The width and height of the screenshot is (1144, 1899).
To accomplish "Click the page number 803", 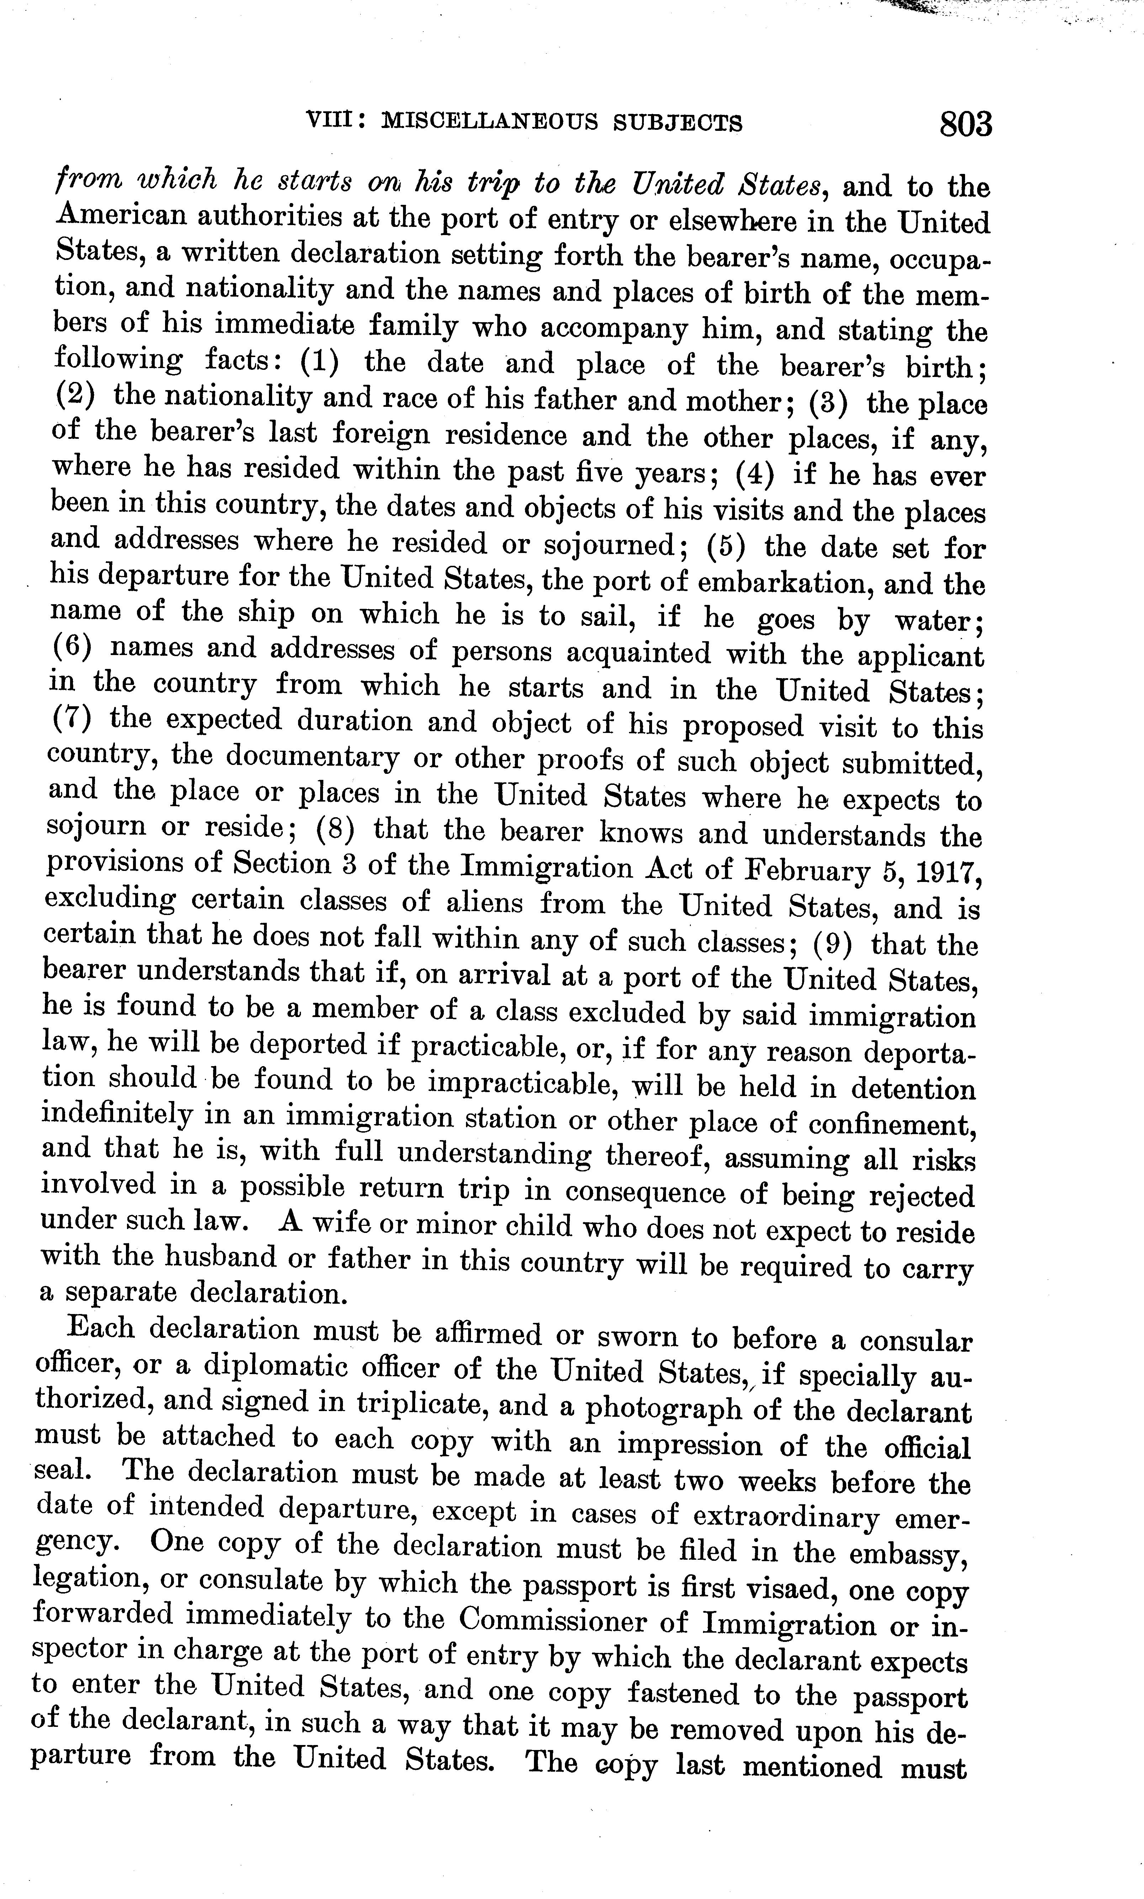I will [x=965, y=123].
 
